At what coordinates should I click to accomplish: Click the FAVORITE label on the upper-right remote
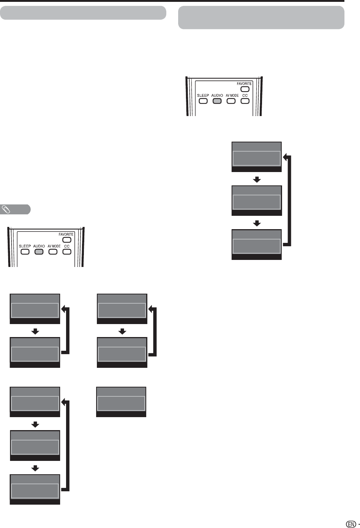[x=244, y=84]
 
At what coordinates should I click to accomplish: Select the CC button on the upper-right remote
[x=245, y=101]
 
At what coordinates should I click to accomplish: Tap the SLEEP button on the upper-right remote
[x=203, y=101]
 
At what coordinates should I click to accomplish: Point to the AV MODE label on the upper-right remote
[x=232, y=96]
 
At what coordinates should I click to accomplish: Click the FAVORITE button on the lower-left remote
[x=67, y=240]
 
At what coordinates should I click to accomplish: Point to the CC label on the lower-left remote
[x=67, y=246]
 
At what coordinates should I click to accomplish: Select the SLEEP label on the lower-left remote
[x=25, y=246]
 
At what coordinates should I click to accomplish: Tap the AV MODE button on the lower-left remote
[x=53, y=252]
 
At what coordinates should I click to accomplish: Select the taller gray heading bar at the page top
[x=261, y=17]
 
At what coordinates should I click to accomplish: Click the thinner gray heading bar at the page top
[x=83, y=13]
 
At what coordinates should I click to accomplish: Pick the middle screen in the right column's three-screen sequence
[x=256, y=201]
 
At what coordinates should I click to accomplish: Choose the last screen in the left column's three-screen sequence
[x=35, y=489]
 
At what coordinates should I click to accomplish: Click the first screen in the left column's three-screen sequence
[x=35, y=402]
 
